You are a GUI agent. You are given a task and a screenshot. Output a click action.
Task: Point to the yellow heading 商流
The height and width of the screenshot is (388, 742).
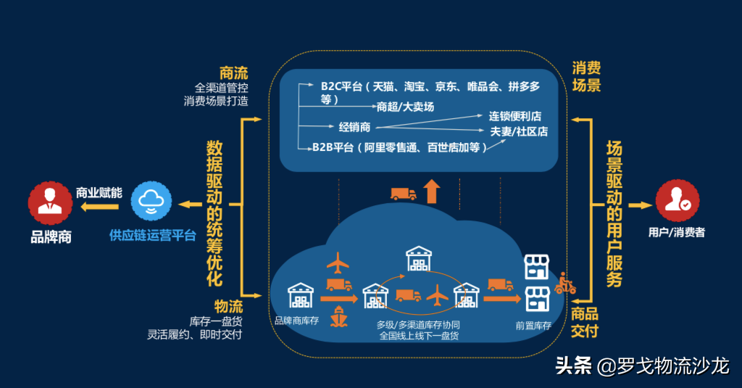coord(233,73)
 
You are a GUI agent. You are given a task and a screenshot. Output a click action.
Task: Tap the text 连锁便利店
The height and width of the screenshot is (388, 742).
coord(515,116)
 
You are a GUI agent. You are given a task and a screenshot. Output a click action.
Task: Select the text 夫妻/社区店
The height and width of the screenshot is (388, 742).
coord(519,131)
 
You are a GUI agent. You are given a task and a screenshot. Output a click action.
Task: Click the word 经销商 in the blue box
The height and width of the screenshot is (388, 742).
coord(354,127)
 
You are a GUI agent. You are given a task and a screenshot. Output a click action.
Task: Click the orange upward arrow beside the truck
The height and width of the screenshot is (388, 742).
coord(432,191)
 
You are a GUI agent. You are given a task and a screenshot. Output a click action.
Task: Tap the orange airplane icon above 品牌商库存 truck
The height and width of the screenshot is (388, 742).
coord(338,262)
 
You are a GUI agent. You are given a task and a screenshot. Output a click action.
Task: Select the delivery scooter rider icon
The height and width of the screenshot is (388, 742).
coord(564,284)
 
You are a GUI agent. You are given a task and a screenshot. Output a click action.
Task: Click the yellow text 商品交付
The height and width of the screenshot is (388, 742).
coord(585,323)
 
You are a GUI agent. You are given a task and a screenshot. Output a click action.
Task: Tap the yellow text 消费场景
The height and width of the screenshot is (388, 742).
coord(587,77)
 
